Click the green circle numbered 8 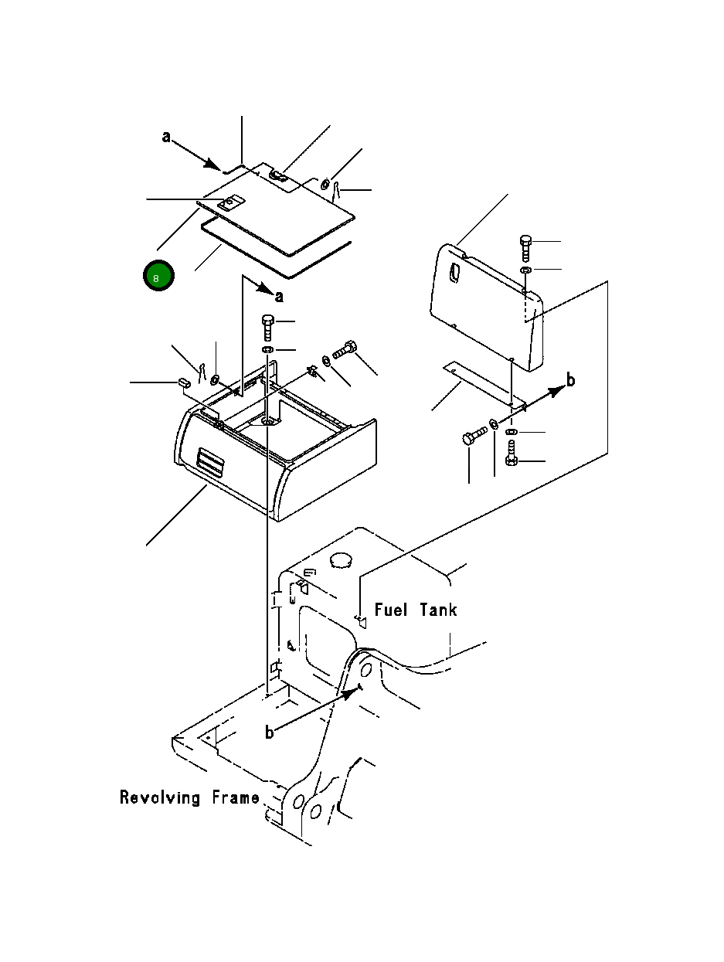(x=158, y=276)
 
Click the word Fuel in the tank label (x=391, y=610)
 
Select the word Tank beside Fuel (x=438, y=610)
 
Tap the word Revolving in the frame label (x=160, y=797)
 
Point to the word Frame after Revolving (x=236, y=797)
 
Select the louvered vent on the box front (x=211, y=462)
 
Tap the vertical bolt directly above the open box (x=267, y=328)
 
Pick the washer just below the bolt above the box (x=267, y=350)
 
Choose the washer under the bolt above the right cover (x=525, y=269)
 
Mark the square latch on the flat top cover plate (x=229, y=204)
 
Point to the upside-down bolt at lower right (x=511, y=454)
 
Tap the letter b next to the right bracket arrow (x=570, y=380)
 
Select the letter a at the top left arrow (x=166, y=137)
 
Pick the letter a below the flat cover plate (x=279, y=297)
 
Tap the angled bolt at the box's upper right (x=345, y=350)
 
